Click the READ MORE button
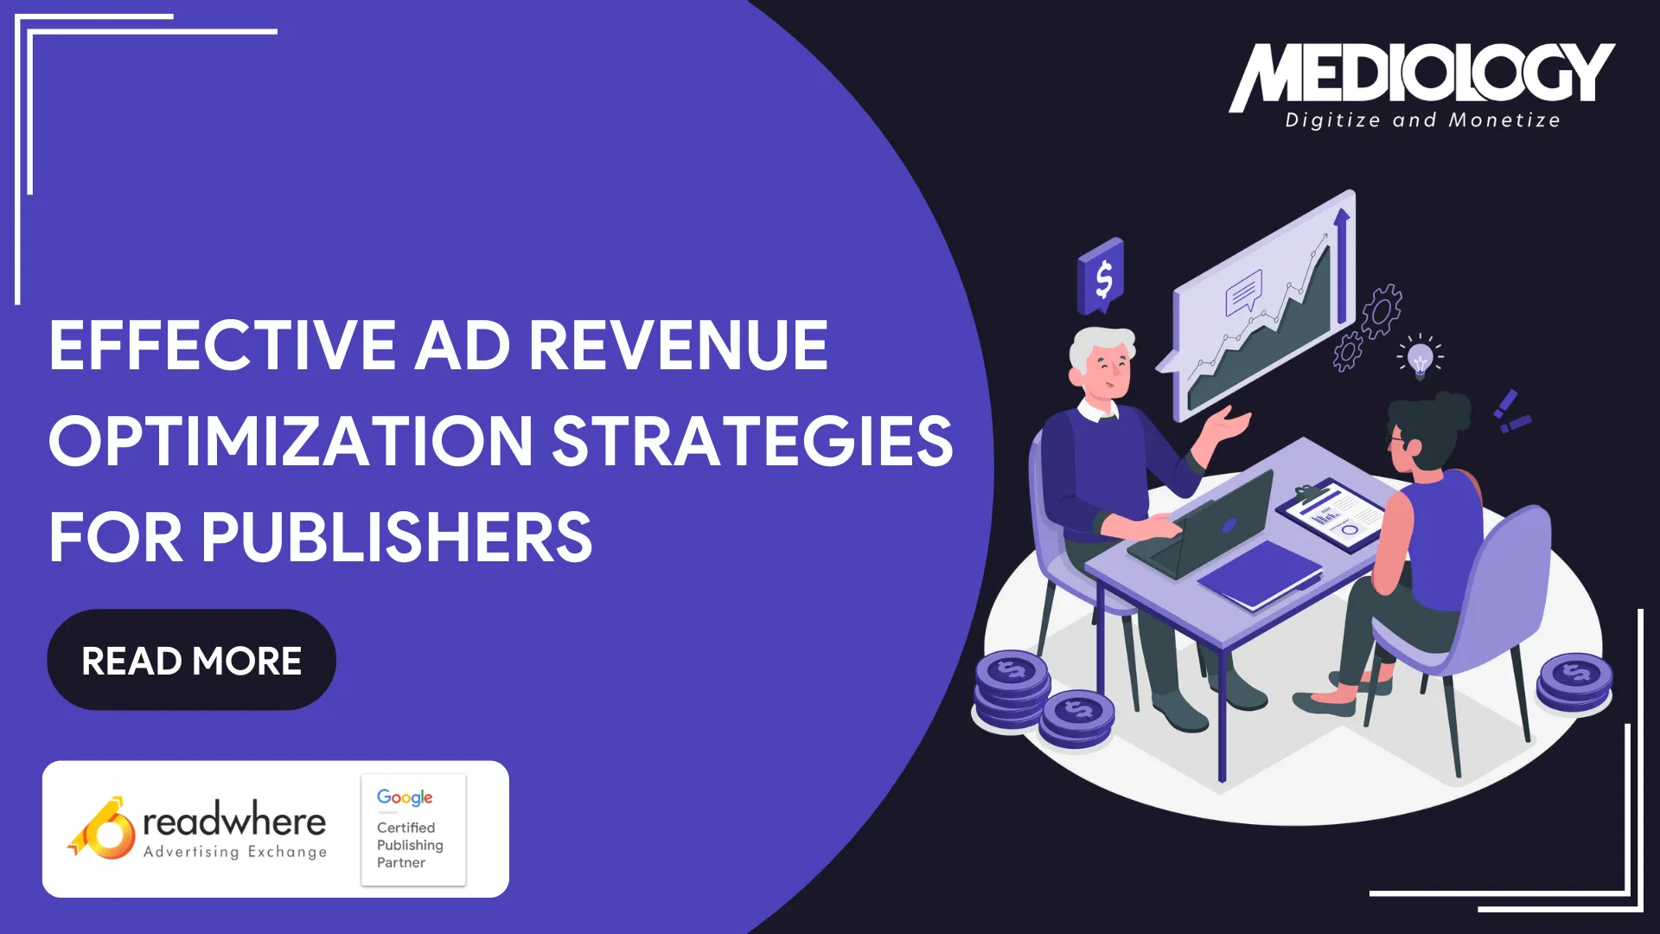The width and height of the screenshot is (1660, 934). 191,661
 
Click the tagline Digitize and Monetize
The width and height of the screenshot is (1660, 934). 1422,120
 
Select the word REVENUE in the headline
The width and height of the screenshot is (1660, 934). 678,345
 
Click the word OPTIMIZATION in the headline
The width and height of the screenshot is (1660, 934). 291,441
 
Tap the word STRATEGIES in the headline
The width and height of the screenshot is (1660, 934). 752,441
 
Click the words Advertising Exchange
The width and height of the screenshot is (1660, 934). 235,852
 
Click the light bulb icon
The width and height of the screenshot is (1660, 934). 1420,358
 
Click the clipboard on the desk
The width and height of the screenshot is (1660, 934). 1331,515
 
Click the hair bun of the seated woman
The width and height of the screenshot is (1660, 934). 1454,410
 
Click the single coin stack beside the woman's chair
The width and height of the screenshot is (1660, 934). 1574,681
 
